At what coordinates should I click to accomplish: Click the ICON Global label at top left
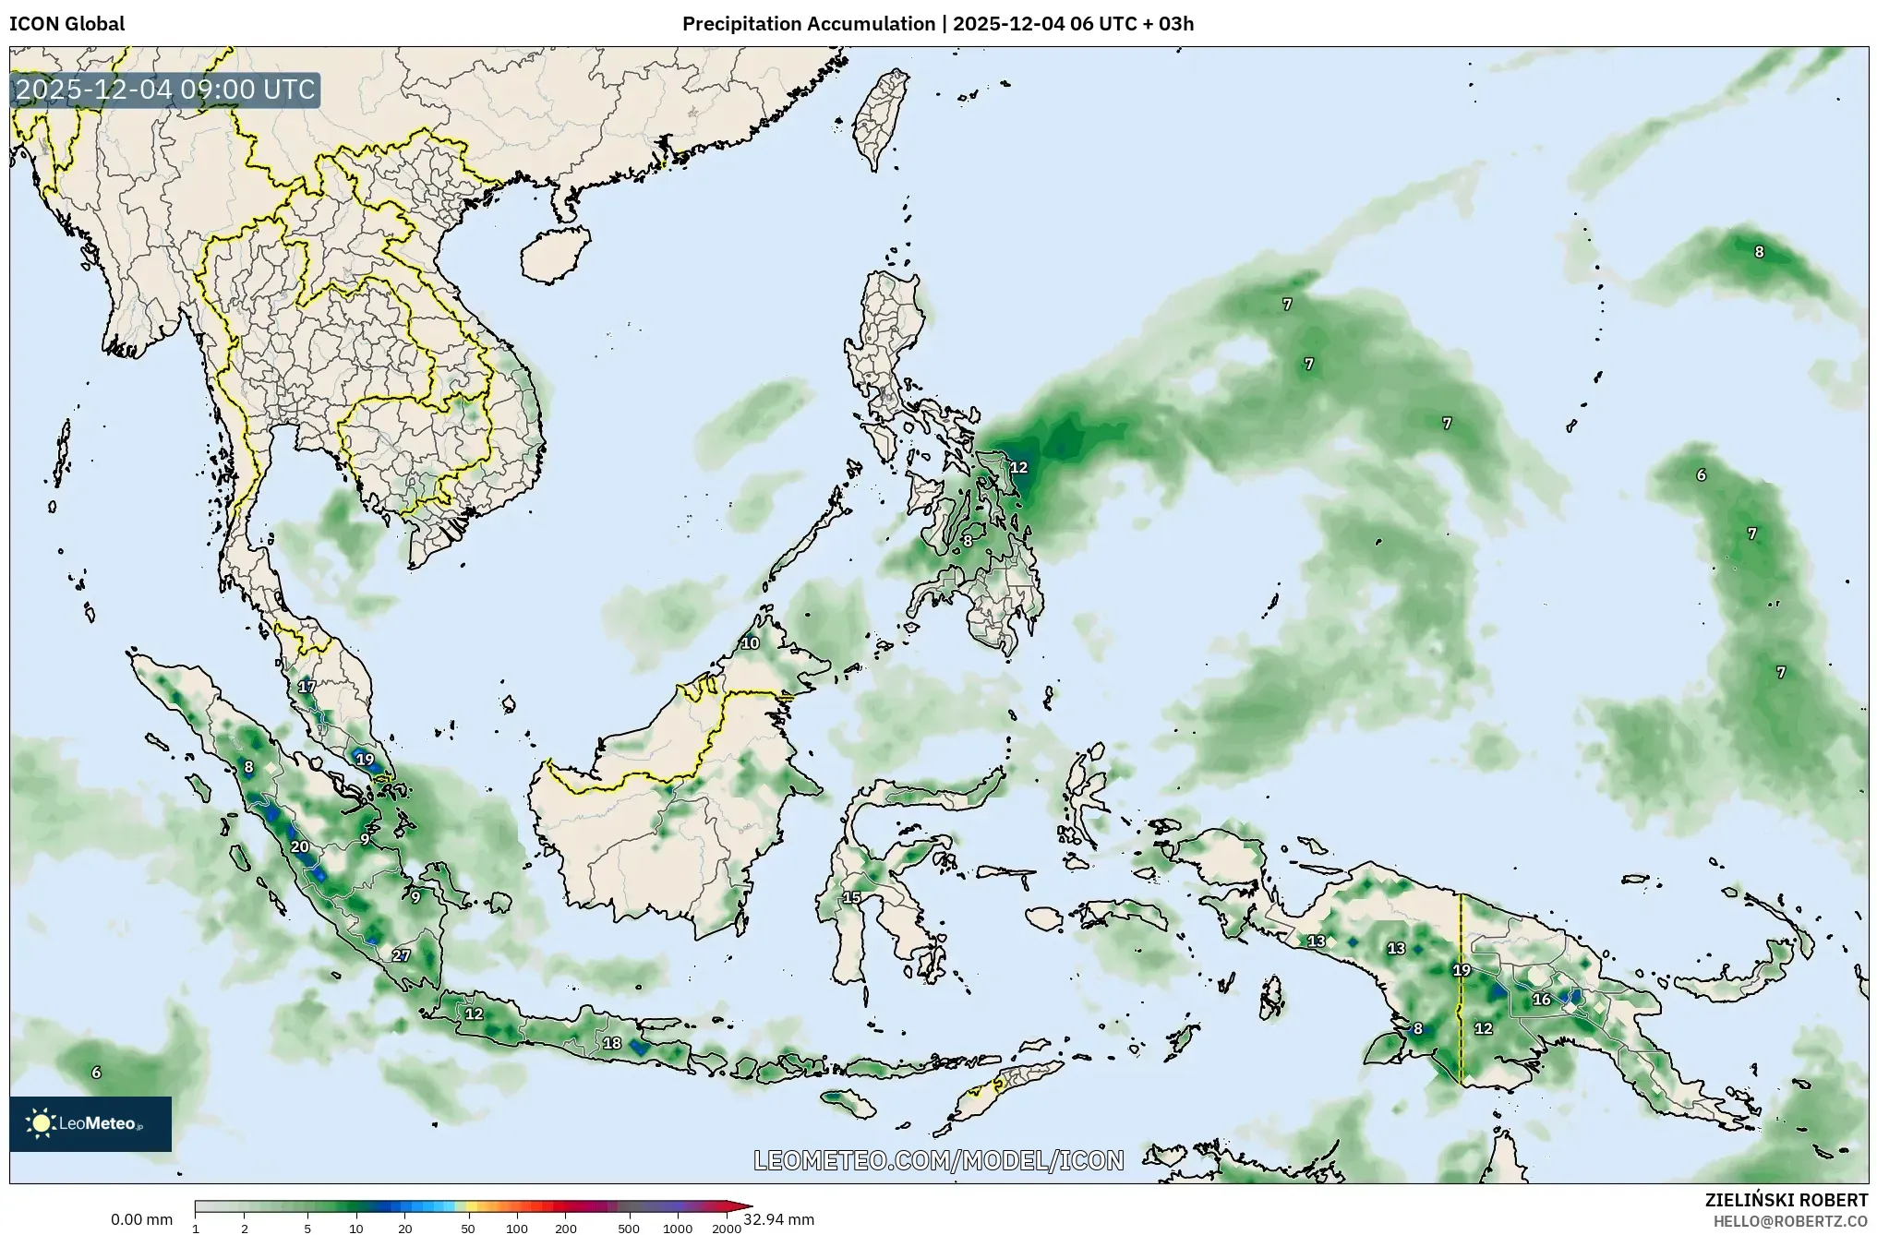coord(66,24)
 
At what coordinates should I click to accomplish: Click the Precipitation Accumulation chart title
coord(937,24)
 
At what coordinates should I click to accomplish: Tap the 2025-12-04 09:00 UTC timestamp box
coord(165,90)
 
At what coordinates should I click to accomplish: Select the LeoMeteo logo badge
coord(90,1123)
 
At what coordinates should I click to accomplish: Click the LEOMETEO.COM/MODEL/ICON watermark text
coord(938,1160)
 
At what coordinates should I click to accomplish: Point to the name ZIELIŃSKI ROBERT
coord(1786,1200)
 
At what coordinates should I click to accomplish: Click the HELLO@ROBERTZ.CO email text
coord(1790,1221)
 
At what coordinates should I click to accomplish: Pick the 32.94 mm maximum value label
coord(778,1219)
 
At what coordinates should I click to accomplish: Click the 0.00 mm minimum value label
coord(141,1219)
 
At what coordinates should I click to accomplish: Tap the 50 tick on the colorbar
coord(468,1229)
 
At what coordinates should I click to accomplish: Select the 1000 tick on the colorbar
coord(677,1229)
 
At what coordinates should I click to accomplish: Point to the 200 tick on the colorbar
coord(566,1229)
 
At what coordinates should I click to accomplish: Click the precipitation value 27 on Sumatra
coord(401,955)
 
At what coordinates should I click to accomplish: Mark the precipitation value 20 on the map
coord(299,846)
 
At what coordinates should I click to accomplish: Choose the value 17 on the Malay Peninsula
coord(307,686)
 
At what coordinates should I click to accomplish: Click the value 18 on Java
coord(612,1043)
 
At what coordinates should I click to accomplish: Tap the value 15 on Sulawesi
coord(851,897)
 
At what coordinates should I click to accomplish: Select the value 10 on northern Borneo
coord(750,643)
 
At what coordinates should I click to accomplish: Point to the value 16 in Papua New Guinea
coord(1542,1000)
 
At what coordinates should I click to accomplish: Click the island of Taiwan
coord(880,121)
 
